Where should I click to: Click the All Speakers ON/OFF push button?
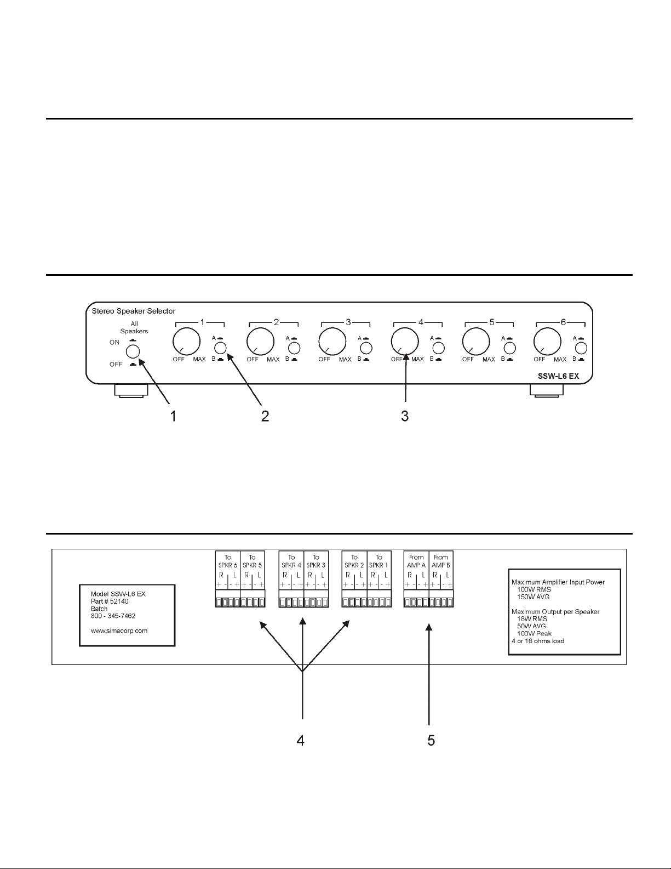133,351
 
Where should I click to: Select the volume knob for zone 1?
187,342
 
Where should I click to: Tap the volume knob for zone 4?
405,342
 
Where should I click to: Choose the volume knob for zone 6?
547,342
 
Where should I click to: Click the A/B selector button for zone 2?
294,348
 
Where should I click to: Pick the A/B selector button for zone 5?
509,348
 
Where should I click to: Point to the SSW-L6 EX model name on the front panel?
558,376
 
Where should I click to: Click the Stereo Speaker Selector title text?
134,311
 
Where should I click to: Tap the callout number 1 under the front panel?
173,416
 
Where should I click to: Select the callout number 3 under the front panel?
405,416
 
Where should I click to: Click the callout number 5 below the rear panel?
431,741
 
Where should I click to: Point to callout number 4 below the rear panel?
300,741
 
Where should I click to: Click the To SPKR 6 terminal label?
228,561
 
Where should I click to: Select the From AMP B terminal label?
441,561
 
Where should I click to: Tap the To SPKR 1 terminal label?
378,561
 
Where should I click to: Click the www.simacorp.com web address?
119,631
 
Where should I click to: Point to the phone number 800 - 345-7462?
113,616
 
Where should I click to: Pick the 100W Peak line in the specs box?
534,633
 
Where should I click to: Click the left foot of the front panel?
131,391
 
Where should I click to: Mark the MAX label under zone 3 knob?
345,360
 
